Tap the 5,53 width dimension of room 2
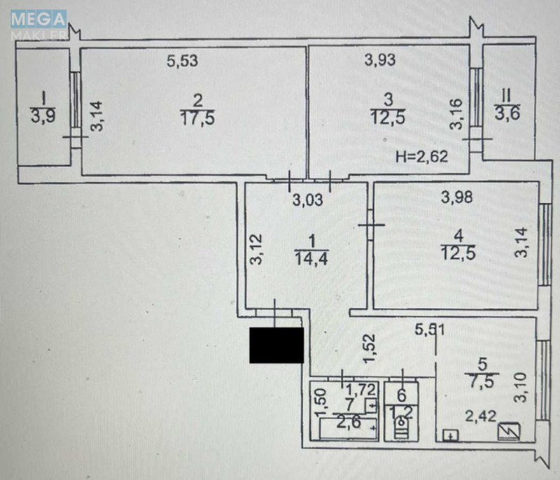point(183,61)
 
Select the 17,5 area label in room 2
point(196,118)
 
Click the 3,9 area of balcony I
point(43,114)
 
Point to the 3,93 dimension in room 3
point(380,60)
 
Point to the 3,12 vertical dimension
point(256,249)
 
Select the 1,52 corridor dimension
point(370,348)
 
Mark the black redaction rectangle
point(277,345)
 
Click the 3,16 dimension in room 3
point(456,115)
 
